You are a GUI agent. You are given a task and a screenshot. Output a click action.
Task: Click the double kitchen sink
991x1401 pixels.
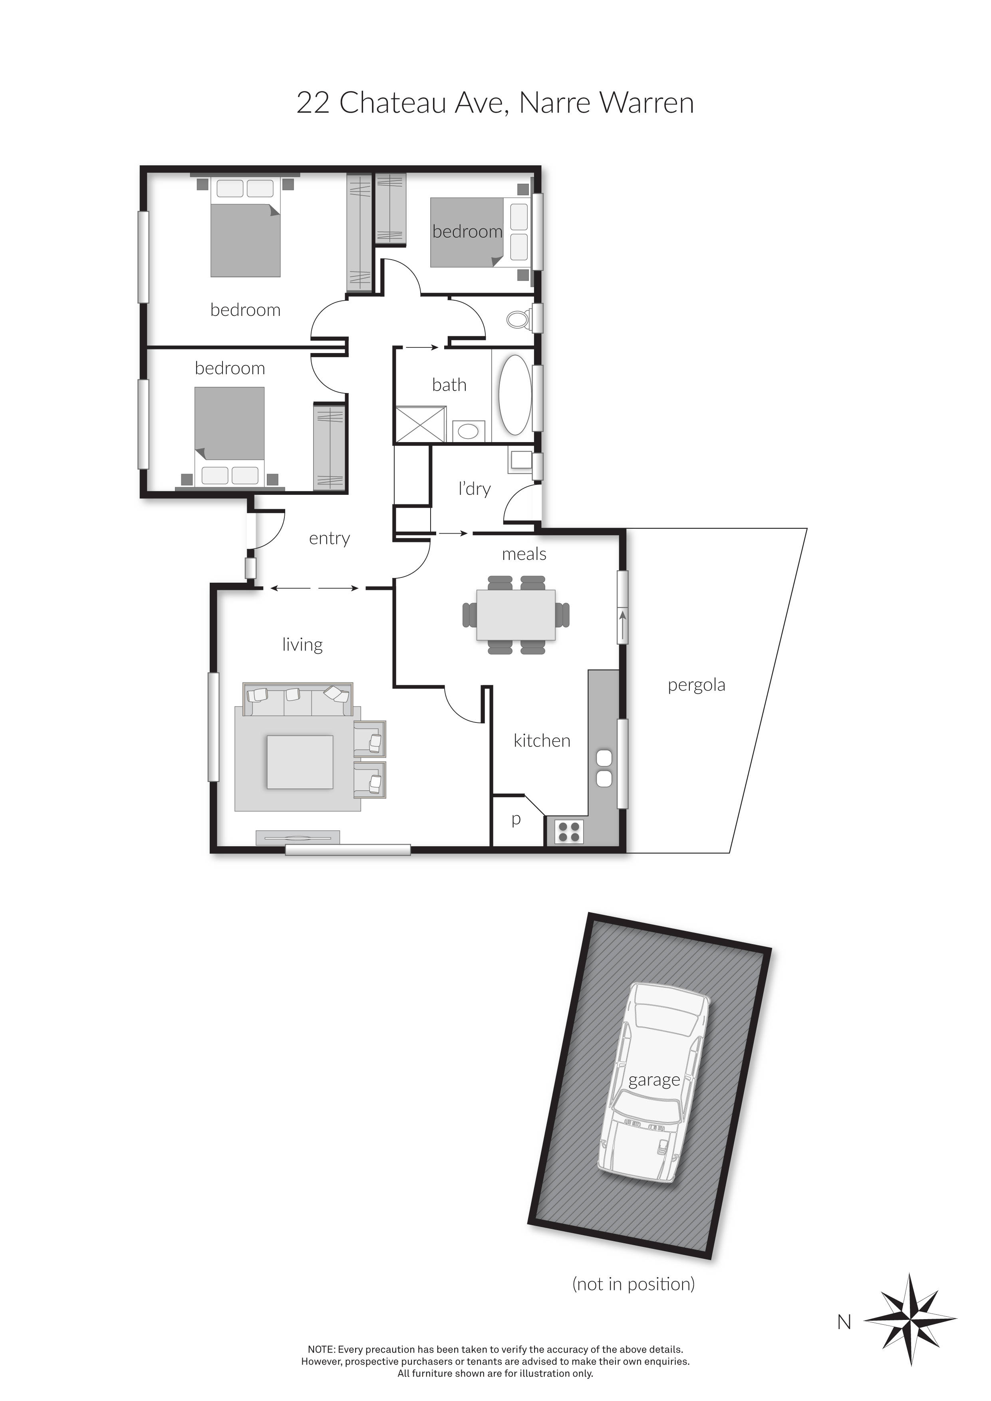tap(604, 768)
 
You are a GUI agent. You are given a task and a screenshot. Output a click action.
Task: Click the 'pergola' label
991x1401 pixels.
tap(696, 685)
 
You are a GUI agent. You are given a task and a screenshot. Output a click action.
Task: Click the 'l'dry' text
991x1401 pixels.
tap(474, 489)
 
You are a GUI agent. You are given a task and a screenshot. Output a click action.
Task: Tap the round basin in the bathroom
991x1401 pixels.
tap(468, 431)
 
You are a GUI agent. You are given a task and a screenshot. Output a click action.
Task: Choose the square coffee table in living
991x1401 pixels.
tap(300, 762)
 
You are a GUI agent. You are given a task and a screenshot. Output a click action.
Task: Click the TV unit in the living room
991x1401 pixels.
tap(297, 838)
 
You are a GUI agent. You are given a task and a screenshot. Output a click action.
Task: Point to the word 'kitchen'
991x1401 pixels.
tap(542, 741)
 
